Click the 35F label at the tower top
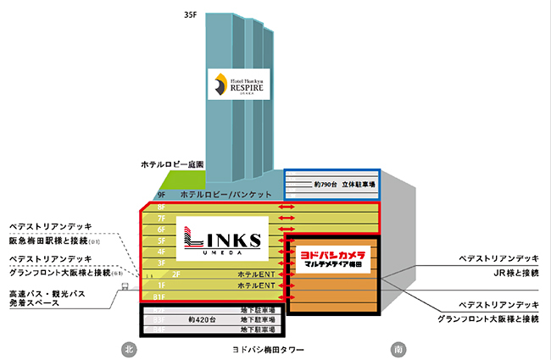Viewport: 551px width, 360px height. coord(191,15)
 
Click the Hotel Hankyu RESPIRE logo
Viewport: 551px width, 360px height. coord(238,84)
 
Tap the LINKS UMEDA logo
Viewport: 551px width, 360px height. coord(222,238)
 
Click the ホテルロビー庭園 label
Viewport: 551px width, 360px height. coord(172,163)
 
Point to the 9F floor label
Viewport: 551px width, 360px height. coord(161,195)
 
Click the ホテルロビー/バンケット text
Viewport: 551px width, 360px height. coord(225,195)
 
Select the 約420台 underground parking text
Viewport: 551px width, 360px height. coord(203,321)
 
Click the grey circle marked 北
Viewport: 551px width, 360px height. coord(129,348)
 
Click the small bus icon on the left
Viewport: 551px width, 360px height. coord(124,285)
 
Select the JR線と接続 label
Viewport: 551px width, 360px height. coord(504,274)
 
